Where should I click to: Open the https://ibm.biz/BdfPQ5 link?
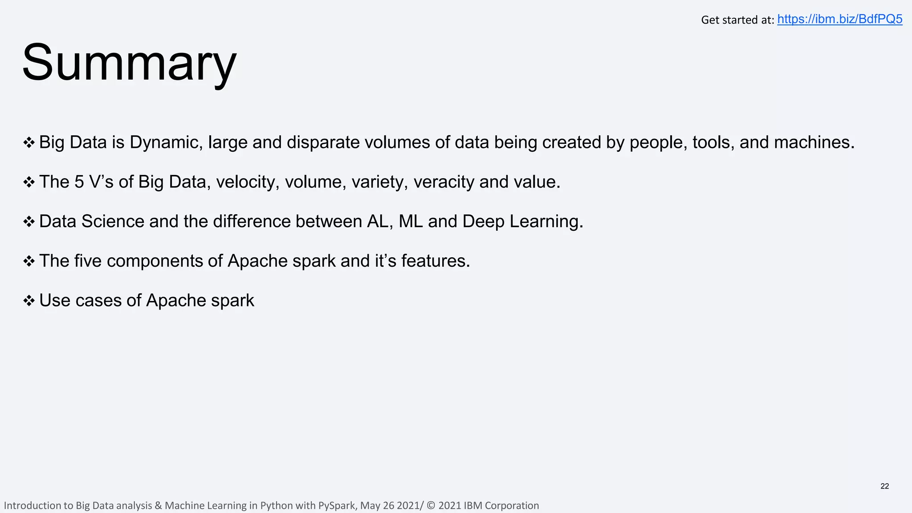839,19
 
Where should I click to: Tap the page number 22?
884,486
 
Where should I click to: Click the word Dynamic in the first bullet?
166,142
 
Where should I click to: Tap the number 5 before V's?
79,182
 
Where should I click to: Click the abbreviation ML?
411,222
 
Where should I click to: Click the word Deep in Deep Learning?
483,222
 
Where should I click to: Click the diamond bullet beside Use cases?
29,301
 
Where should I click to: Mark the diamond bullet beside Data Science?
29,222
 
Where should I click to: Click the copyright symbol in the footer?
431,505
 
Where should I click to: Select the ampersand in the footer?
158,505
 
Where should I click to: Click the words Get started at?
737,20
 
